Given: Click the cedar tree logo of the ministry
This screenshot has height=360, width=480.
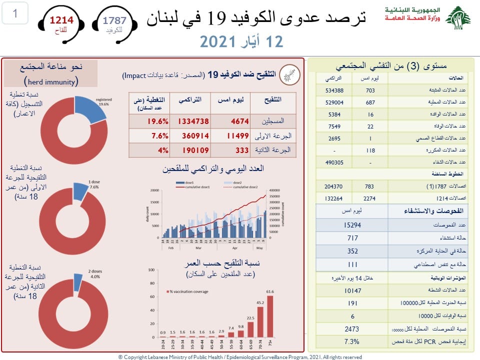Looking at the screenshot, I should tap(457, 19).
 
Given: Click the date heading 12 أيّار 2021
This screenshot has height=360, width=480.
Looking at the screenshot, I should tap(241, 41).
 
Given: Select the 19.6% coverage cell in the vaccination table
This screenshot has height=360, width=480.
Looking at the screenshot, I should tap(148, 121).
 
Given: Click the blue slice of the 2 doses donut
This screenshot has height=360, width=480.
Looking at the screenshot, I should tap(78, 282).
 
